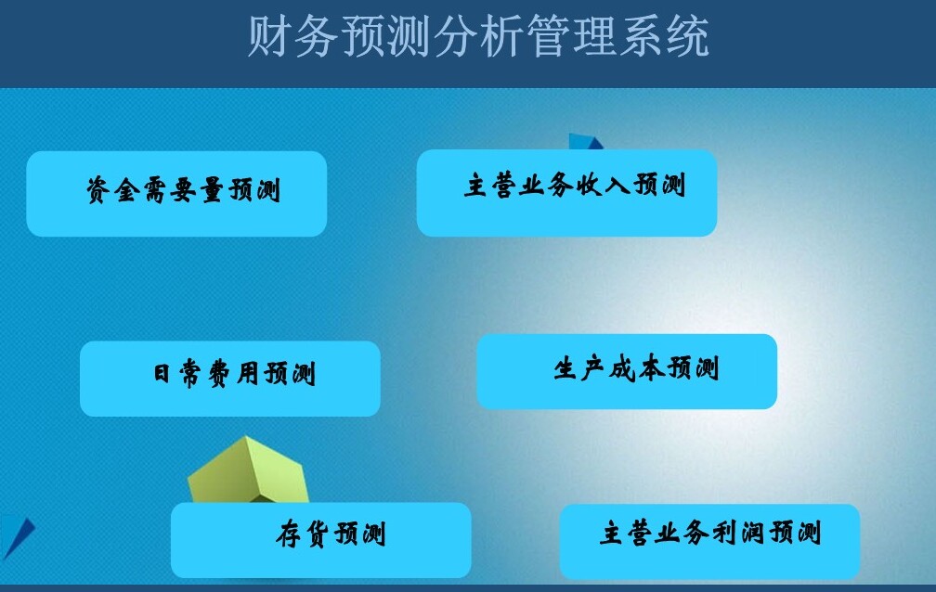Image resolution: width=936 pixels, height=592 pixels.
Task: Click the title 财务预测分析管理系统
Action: click(x=478, y=36)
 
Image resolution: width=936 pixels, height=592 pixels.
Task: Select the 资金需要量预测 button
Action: click(x=176, y=193)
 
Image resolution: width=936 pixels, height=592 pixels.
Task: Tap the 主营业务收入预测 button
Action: click(x=566, y=193)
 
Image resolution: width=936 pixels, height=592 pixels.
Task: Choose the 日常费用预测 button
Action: click(x=230, y=379)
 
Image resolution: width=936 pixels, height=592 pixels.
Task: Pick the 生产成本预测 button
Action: click(x=627, y=371)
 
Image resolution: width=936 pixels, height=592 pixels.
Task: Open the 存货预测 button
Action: click(x=321, y=540)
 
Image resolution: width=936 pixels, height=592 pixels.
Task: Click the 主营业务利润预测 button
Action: click(x=709, y=541)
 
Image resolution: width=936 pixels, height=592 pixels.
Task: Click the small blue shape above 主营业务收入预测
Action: click(x=585, y=141)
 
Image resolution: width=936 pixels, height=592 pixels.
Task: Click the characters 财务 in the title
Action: click(x=292, y=36)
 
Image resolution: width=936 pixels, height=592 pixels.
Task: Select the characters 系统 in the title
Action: click(x=664, y=36)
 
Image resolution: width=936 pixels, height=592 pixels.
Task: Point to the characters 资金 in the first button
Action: click(x=113, y=190)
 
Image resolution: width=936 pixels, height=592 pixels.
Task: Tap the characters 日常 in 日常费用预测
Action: click(x=176, y=374)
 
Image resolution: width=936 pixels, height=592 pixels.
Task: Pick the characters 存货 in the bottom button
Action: click(x=302, y=533)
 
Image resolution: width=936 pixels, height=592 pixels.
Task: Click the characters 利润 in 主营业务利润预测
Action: click(x=737, y=533)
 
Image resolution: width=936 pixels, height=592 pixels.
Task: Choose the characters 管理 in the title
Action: click(x=571, y=36)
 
